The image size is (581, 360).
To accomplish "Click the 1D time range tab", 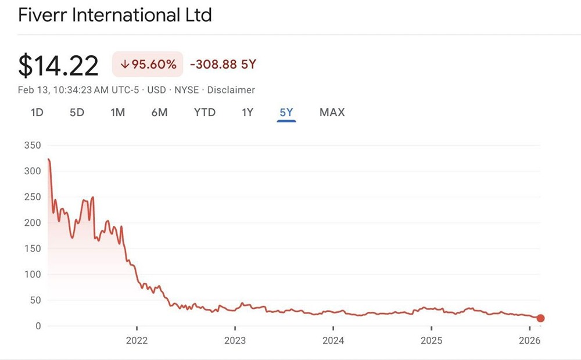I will click(37, 113).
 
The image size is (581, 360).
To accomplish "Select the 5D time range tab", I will click(77, 113).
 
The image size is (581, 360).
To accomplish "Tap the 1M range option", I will click(117, 113).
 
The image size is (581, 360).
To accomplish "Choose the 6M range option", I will click(159, 113).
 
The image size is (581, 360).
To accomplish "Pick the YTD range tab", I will click(205, 113).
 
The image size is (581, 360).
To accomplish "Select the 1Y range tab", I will click(248, 113).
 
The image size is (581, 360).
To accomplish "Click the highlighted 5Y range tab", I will click(286, 113).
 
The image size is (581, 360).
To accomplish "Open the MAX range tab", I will click(332, 113).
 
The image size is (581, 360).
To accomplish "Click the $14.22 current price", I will click(58, 65).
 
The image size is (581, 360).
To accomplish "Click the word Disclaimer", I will click(231, 90).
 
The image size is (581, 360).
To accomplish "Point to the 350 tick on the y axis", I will click(33, 145).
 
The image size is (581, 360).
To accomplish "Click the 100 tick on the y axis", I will click(33, 274).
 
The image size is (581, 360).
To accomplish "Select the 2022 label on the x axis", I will click(137, 340).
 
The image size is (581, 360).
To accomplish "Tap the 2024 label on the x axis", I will click(333, 340).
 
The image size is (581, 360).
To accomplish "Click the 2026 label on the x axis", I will click(529, 340).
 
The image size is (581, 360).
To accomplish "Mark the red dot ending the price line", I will click(540, 318).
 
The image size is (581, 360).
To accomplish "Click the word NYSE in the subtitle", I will click(186, 90).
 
